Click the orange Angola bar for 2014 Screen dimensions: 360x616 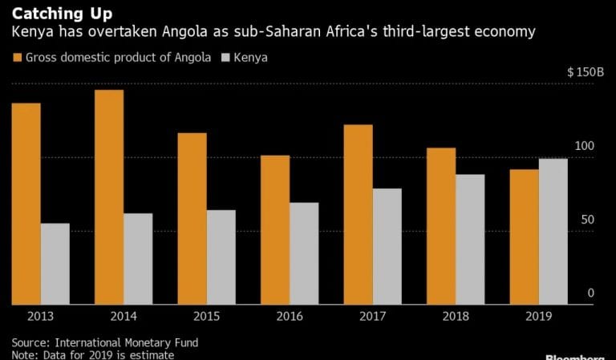tap(109, 197)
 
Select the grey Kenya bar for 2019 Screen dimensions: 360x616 tap(553, 232)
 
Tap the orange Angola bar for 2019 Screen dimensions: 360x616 tap(524, 237)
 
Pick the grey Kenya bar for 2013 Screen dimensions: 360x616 tap(55, 264)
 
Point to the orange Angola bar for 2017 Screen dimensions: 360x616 tap(358, 215)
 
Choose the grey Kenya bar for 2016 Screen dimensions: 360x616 tap(304, 253)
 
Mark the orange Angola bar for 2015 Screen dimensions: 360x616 tap(192, 219)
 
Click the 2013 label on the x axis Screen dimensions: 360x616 tap(40, 317)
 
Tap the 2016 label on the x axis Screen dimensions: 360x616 tap(290, 317)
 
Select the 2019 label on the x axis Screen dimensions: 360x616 tap(538, 317)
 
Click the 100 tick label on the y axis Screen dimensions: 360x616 tap(585, 146)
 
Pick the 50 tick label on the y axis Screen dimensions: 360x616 tap(588, 220)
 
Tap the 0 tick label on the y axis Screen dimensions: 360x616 tap(591, 293)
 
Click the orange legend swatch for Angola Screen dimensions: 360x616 tap(17, 58)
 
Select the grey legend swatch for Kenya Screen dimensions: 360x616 tap(226, 58)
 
